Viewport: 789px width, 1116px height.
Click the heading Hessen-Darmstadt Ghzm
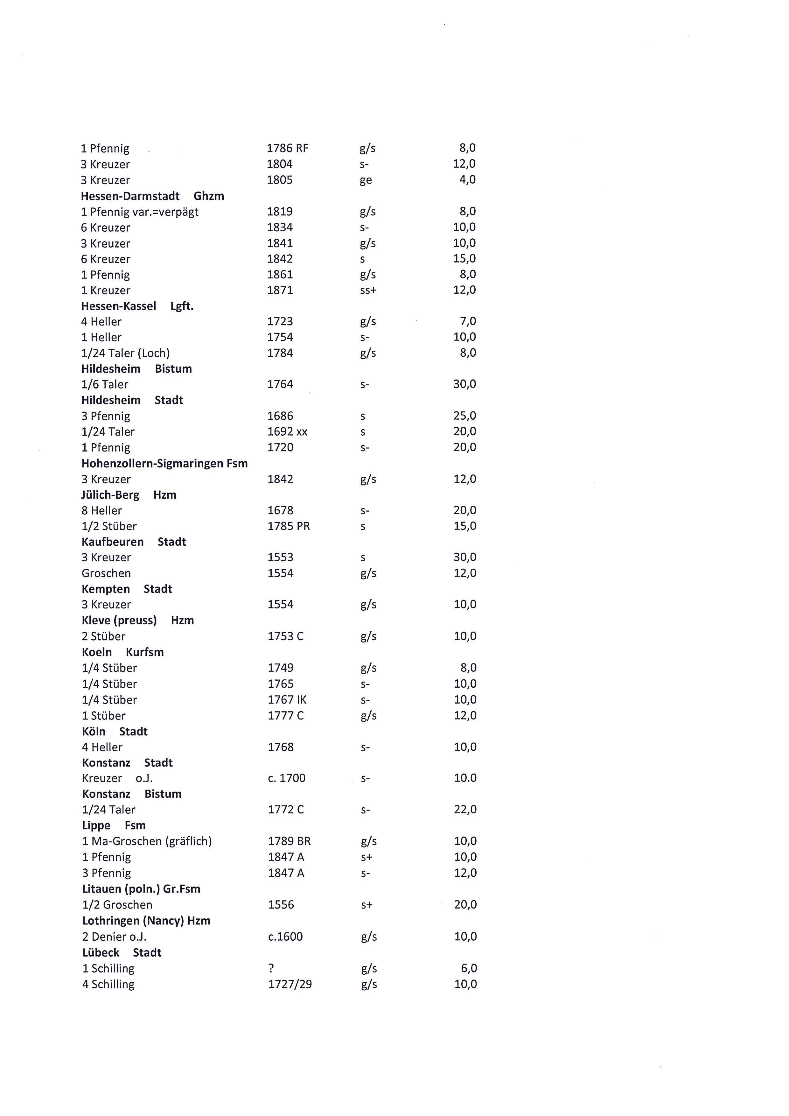coord(152,196)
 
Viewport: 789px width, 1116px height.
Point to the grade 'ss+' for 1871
coord(368,290)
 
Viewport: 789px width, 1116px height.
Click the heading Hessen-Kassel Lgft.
coord(137,306)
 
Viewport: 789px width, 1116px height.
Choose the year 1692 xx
coord(287,432)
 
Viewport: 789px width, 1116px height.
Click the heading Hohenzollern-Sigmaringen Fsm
coord(164,463)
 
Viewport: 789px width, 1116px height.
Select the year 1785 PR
coord(288,526)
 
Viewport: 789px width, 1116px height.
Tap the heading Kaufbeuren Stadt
coord(134,542)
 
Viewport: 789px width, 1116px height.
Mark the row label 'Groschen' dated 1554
coord(106,573)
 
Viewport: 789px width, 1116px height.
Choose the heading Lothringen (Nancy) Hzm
coord(146,921)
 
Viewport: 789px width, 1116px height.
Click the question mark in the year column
coord(271,968)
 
